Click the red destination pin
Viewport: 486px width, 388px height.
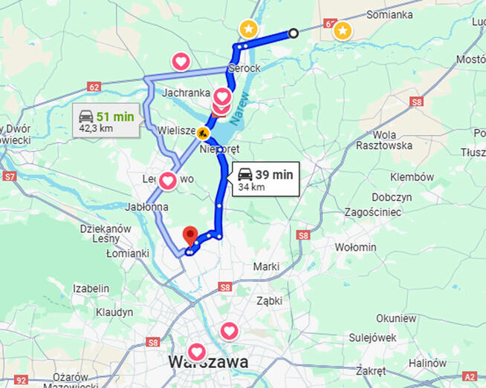click(x=190, y=235)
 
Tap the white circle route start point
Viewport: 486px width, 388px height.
click(x=294, y=33)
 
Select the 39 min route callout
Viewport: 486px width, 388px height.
click(x=266, y=180)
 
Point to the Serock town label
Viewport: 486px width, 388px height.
click(x=244, y=68)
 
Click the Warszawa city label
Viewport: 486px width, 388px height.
click(x=209, y=361)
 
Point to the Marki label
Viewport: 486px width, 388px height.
click(x=265, y=266)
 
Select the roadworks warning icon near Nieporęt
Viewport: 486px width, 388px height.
click(x=202, y=133)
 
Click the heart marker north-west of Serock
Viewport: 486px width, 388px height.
click(x=181, y=61)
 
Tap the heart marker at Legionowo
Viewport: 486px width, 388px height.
click(x=168, y=180)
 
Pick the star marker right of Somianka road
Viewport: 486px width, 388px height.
click(x=342, y=30)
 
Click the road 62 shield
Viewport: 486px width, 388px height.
click(x=93, y=87)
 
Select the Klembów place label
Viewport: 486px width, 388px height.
click(x=413, y=177)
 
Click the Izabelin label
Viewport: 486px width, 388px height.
click(x=91, y=288)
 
